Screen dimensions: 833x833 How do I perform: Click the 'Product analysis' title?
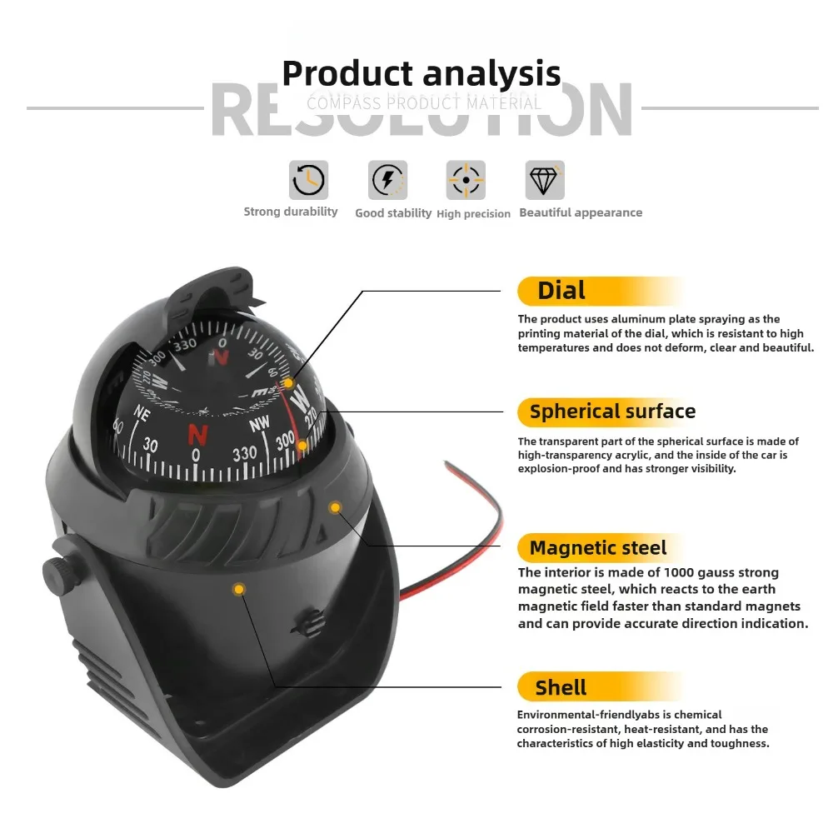[x=421, y=73]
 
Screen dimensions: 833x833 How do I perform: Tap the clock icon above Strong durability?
[x=308, y=180]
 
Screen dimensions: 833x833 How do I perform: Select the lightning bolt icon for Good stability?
[x=387, y=180]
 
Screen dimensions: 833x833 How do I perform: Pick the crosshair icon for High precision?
[x=466, y=180]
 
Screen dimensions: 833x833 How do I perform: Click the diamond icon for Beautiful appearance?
[x=545, y=180]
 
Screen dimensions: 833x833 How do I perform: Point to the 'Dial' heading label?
[x=561, y=291]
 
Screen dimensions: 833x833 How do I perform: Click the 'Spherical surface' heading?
[x=612, y=412]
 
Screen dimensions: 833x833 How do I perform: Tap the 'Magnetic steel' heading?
[x=598, y=548]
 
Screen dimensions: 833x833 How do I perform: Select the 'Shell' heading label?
[x=561, y=687]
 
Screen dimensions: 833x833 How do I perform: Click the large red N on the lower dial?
[x=198, y=434]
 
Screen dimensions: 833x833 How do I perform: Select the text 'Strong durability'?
[x=291, y=212]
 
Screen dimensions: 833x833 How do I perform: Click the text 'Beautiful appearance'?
[x=581, y=212]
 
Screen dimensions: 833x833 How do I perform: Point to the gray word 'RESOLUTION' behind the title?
[x=421, y=111]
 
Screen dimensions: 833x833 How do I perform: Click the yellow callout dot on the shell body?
[x=239, y=590]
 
